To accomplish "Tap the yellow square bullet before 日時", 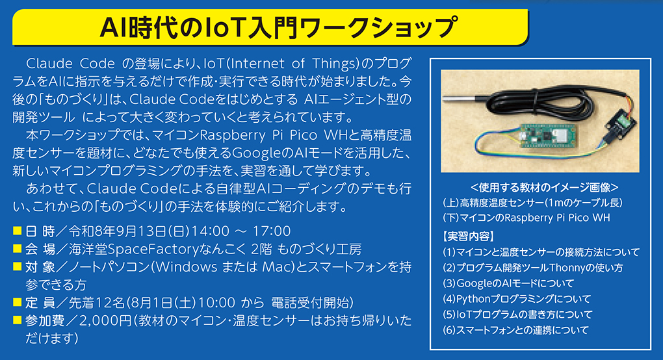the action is click(17, 231).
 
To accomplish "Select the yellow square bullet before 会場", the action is click(17, 248).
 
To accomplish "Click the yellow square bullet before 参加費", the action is click(17, 320).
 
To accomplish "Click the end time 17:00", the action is click(272, 231).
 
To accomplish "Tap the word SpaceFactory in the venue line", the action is click(153, 250).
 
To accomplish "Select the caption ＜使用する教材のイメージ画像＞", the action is click(544, 187).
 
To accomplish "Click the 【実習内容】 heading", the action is click(469, 236).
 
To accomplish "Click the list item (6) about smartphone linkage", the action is click(515, 330).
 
